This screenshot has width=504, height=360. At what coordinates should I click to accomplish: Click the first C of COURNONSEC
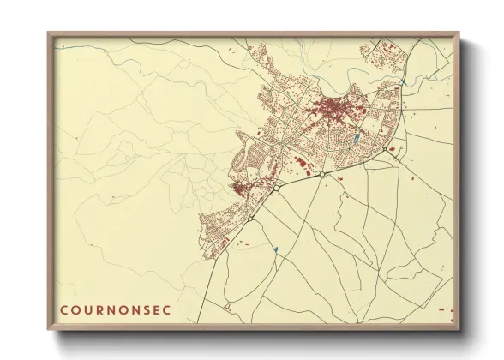63,309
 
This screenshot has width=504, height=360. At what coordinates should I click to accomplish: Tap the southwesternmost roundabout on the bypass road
249,219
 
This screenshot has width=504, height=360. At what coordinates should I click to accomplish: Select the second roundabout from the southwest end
278,189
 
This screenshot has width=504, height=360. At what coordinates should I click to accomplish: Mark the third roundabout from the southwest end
320,175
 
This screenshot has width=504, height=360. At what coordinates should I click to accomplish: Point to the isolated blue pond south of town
277,249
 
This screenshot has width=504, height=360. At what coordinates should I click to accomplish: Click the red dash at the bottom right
441,309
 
